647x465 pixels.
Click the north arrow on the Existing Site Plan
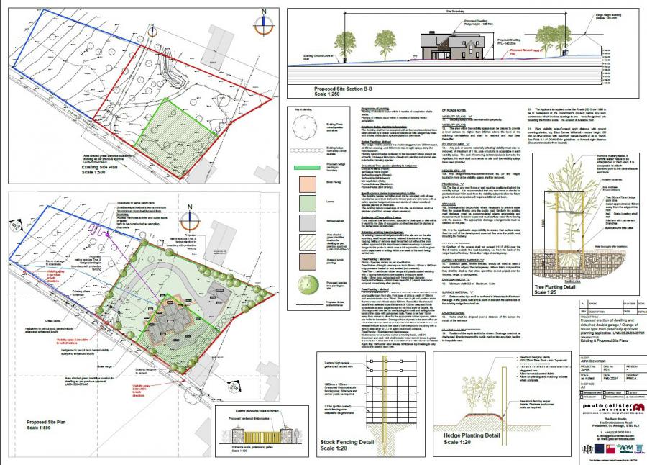click(264, 22)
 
